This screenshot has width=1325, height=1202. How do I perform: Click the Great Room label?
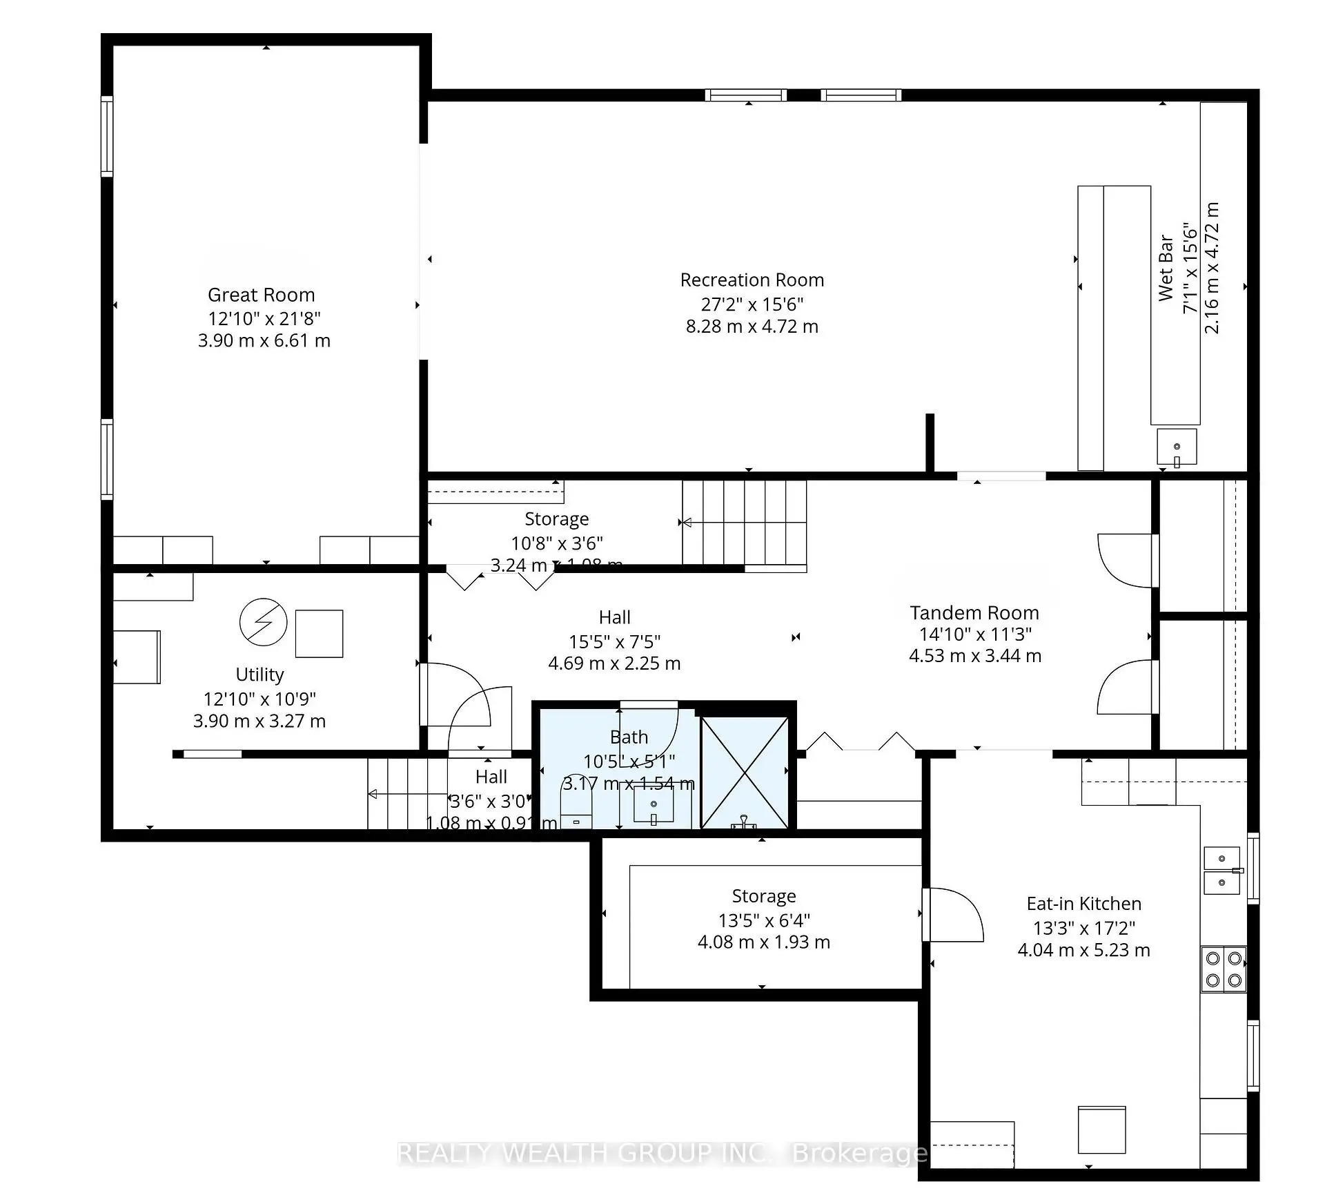tap(261, 295)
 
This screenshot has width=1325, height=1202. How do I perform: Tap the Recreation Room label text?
tap(752, 280)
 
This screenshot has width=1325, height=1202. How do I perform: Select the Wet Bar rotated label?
tap(1166, 268)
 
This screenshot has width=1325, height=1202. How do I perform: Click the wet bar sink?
tap(1177, 447)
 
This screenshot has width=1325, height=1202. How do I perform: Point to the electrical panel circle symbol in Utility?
tap(263, 622)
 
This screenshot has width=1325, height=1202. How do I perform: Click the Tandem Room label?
tap(974, 613)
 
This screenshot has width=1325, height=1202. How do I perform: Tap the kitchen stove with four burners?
tap(1224, 969)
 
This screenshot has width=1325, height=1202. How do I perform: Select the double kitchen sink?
tap(1222, 870)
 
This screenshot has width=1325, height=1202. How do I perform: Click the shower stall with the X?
tap(745, 772)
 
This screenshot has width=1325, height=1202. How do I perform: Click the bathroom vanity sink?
tap(654, 806)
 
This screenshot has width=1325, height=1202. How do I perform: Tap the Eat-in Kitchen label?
tap(1083, 904)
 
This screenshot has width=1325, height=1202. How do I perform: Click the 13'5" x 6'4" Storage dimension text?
tap(764, 920)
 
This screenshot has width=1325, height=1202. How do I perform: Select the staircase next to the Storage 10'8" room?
tap(744, 523)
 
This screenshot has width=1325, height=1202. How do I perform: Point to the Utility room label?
tap(259, 675)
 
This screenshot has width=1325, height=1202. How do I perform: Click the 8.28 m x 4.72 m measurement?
tap(752, 327)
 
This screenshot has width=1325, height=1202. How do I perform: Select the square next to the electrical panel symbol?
tap(319, 633)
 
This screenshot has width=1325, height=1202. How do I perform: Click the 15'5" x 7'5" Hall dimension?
tap(614, 641)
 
